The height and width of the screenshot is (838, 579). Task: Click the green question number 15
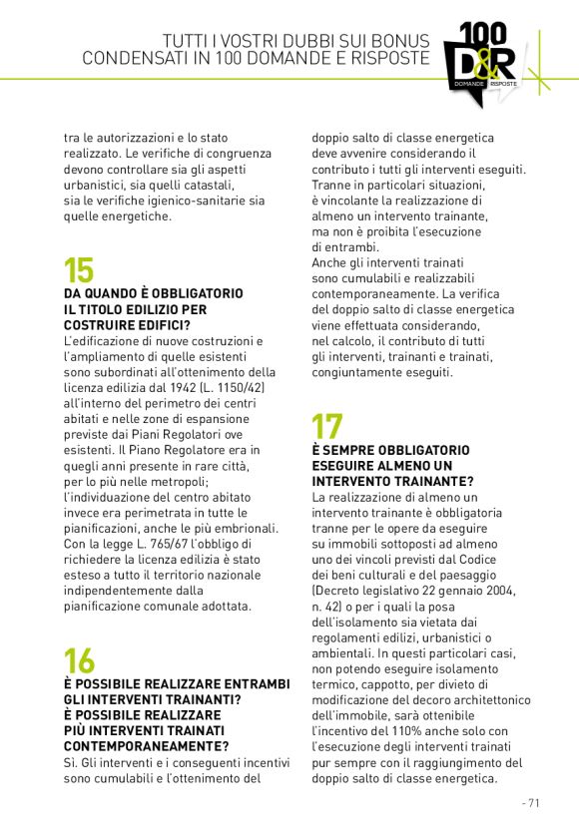coord(79,270)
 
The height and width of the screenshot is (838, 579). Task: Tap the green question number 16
coord(79,660)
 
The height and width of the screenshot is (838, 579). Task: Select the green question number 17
coord(327,427)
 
